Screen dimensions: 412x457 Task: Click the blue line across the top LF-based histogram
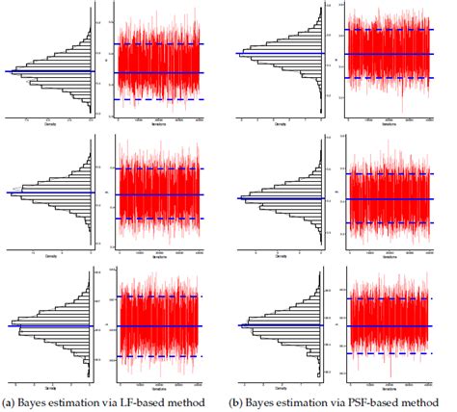point(48,71)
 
